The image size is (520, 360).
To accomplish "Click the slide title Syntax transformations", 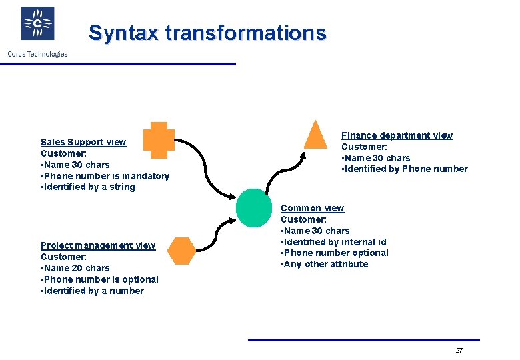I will tap(207, 33).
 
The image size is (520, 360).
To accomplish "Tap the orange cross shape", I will tap(158, 141).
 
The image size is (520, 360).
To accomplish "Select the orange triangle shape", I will tap(315, 135).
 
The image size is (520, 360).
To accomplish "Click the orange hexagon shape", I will tap(181, 251).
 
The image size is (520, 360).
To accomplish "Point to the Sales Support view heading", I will tap(83, 142).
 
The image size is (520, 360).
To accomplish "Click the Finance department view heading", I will tap(397, 135).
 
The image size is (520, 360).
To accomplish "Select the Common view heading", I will tap(312, 208).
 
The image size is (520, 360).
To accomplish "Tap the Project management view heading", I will tap(97, 245).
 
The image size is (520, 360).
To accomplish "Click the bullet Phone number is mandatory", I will tap(105, 176).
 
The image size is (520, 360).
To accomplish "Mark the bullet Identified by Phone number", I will tap(405, 169).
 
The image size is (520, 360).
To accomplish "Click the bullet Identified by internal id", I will tap(333, 242).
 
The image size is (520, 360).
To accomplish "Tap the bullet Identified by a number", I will tap(92, 291).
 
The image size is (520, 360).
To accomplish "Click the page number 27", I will tap(459, 351).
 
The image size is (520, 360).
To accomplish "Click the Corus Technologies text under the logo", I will tap(37, 54).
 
